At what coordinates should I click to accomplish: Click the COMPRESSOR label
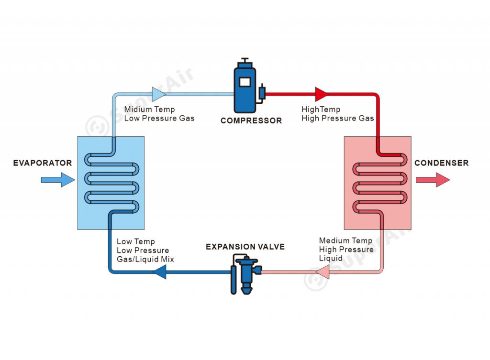point(251,120)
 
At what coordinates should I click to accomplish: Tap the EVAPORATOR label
point(43,163)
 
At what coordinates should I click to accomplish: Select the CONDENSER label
point(441,163)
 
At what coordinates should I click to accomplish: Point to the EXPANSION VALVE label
point(245,247)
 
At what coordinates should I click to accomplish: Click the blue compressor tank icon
point(245,86)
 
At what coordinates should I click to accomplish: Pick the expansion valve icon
point(246,274)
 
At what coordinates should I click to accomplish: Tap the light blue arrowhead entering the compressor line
point(159,94)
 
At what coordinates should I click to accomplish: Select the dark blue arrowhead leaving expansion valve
point(159,272)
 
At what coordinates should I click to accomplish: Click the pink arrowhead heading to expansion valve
point(323,272)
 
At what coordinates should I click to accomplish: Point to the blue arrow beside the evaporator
point(58,180)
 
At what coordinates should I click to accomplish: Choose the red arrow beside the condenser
point(433,180)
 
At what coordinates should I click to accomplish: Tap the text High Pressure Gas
point(337,119)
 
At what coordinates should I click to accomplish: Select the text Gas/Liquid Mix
point(145,259)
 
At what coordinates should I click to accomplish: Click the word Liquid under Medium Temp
point(331,258)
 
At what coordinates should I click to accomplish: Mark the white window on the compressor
point(245,82)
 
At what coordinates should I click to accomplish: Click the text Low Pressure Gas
point(159,119)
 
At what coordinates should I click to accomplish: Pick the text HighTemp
point(321,109)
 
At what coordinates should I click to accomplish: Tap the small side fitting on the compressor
point(262,93)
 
